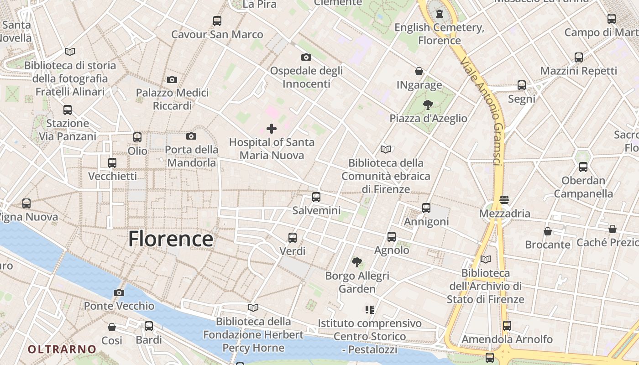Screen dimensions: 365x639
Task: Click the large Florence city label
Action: [170, 239]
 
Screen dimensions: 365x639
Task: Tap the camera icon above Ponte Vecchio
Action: [119, 292]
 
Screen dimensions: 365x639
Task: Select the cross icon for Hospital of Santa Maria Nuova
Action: [272, 129]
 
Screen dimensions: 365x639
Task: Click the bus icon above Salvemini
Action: [316, 197]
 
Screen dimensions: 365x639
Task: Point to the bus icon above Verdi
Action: [293, 238]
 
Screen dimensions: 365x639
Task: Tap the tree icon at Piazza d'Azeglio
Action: [428, 105]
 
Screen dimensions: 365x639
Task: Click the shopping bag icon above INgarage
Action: [419, 72]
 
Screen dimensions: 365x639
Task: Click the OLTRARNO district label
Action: [62, 349]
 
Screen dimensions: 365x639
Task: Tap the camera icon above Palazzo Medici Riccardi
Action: [172, 80]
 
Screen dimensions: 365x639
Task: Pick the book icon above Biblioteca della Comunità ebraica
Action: [386, 149]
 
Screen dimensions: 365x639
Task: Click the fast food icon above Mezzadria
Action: [504, 200]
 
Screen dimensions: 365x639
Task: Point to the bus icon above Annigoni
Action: [426, 208]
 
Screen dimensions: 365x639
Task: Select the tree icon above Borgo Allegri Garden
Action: [357, 262]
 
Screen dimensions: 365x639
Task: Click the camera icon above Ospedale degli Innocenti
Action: [306, 57]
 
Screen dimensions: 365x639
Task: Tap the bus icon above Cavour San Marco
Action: [217, 21]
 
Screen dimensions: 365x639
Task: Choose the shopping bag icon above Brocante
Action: [548, 231]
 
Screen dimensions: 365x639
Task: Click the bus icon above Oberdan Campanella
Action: [583, 167]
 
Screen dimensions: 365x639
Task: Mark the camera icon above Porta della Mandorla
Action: [191, 136]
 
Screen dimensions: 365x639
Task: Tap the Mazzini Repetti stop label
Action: [578, 71]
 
